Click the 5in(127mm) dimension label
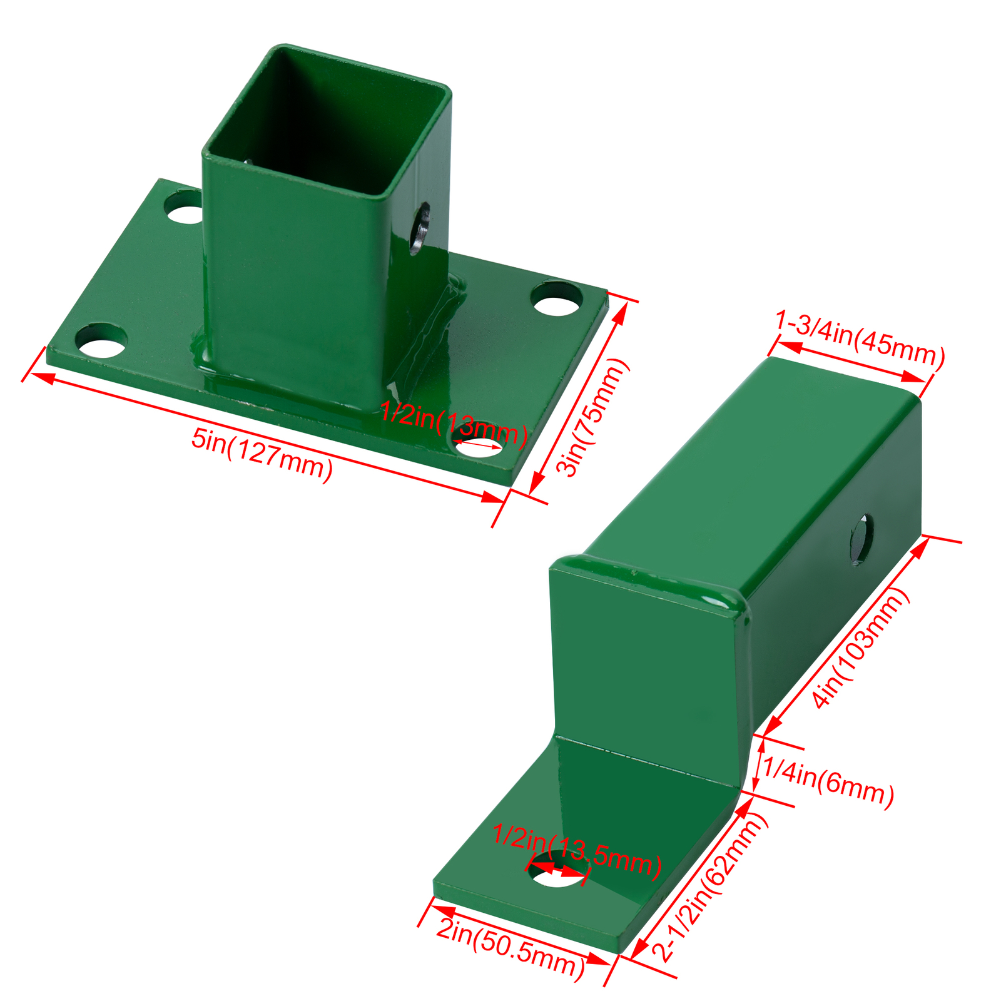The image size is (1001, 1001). coord(262,455)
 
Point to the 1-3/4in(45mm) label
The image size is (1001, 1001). coord(860,337)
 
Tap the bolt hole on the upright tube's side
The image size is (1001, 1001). coord(421,228)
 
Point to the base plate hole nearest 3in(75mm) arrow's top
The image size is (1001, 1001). coord(557,299)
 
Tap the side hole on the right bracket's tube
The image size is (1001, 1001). coord(861,539)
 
